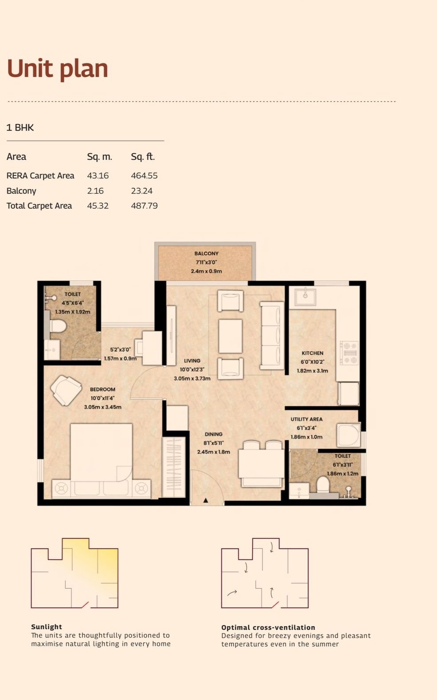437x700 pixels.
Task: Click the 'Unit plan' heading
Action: [x=58, y=69]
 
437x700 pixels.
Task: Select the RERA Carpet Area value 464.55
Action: [x=144, y=175]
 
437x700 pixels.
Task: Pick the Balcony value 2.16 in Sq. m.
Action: [x=95, y=191]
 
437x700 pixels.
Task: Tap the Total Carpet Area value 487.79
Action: [x=144, y=206]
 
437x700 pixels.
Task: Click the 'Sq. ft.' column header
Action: [x=143, y=156]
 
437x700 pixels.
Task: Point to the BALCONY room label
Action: [x=206, y=253]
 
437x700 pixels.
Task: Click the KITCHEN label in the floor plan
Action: [x=312, y=353]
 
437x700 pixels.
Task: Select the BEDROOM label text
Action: [x=102, y=389]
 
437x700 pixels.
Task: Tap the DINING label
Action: [x=214, y=434]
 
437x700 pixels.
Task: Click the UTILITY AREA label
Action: [x=306, y=420]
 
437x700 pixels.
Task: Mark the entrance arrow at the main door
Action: [x=206, y=500]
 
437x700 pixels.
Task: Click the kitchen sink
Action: [x=305, y=297]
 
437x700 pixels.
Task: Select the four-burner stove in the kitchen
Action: [x=349, y=353]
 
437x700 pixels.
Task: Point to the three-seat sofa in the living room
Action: [x=272, y=336]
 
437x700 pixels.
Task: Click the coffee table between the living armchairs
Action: [x=230, y=336]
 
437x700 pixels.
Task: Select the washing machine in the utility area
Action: [x=348, y=435]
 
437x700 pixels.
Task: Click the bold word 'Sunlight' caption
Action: [x=47, y=626]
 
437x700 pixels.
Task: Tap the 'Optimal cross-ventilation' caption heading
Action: [x=268, y=627]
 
